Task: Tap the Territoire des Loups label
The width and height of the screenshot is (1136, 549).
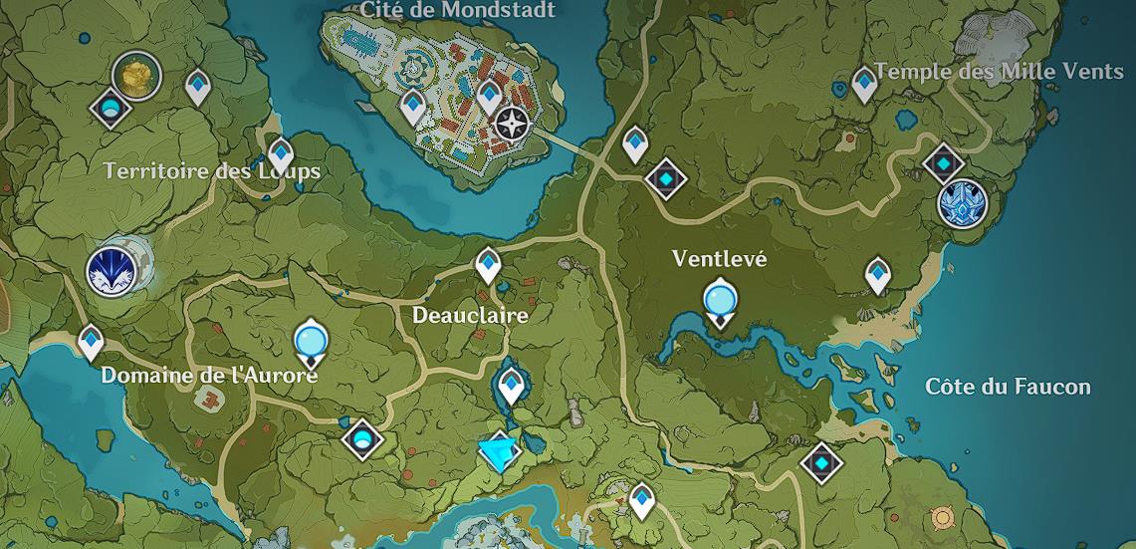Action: [212, 171]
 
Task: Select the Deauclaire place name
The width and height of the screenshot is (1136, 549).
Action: [470, 315]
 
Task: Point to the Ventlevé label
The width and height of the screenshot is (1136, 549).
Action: [719, 258]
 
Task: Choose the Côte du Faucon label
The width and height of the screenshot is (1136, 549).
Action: [1008, 387]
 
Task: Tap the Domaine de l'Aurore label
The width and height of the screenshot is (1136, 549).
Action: [209, 376]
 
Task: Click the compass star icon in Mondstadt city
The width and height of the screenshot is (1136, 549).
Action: [512, 124]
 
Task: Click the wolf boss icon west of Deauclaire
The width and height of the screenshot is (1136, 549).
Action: [112, 270]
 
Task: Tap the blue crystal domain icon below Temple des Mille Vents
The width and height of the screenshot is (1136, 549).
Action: [962, 203]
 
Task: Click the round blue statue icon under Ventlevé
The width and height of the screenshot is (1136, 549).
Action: [719, 300]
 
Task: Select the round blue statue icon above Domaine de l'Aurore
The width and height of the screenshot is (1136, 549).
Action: [312, 342]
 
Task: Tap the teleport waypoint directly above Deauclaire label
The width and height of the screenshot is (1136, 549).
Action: [488, 264]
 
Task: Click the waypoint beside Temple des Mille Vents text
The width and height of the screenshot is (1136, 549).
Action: [864, 83]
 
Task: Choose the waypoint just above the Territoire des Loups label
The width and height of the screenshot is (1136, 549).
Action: [282, 153]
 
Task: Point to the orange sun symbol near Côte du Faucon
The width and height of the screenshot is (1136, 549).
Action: [941, 518]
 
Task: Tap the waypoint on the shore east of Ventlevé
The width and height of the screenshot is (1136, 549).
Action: [877, 274]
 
